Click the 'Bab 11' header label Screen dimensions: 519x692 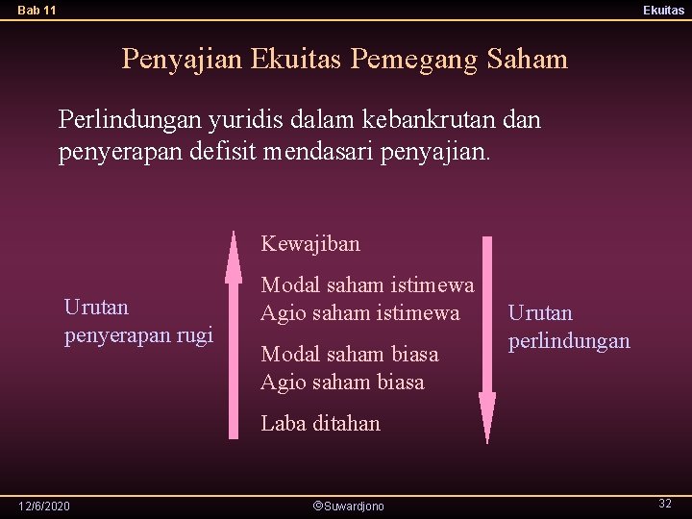tap(37, 11)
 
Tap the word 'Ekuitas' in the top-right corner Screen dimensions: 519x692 tap(664, 11)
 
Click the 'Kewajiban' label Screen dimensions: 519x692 tap(310, 244)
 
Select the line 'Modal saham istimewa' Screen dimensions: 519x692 tap(367, 285)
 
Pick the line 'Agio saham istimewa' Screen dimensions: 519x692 tap(360, 313)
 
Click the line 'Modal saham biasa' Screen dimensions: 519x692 tap(350, 355)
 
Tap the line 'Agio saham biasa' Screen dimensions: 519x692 tap(342, 383)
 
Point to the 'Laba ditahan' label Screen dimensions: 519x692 tap(321, 424)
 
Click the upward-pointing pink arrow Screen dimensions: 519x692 tap(233, 336)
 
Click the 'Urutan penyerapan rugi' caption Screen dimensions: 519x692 tap(137, 322)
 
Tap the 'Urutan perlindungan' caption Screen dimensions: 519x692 tap(568, 327)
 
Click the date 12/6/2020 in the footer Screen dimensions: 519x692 tap(44, 506)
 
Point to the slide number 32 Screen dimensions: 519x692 tap(664, 504)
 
